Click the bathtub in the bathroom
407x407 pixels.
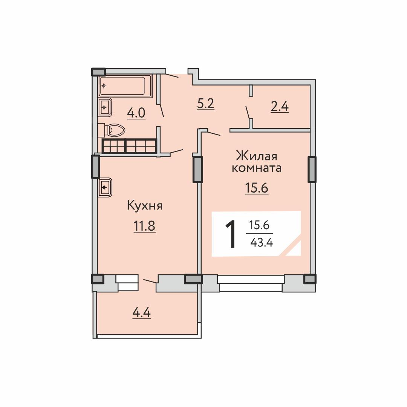pyautogui.click(x=125, y=86)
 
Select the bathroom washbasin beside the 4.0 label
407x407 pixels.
pyautogui.click(x=105, y=107)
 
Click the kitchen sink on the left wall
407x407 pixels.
pyautogui.click(x=105, y=187)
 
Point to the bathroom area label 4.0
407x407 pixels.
pyautogui.click(x=136, y=113)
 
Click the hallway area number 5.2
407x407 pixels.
pyautogui.click(x=206, y=104)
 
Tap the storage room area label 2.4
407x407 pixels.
pyautogui.click(x=280, y=107)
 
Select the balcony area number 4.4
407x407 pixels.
pyautogui.click(x=141, y=313)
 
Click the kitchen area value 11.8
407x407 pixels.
pyautogui.click(x=145, y=226)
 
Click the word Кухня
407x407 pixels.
pyautogui.click(x=145, y=206)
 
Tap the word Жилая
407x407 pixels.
pyautogui.click(x=257, y=156)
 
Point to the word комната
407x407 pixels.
pyautogui.click(x=257, y=168)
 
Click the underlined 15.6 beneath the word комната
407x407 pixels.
pyautogui.click(x=257, y=188)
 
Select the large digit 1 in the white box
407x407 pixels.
pyautogui.click(x=231, y=234)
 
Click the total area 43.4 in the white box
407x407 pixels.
pyautogui.click(x=262, y=242)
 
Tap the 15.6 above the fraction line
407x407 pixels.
pyautogui.click(x=259, y=225)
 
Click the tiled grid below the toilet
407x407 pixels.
pyautogui.click(x=129, y=146)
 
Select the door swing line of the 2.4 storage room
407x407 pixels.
pyautogui.click(x=248, y=112)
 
